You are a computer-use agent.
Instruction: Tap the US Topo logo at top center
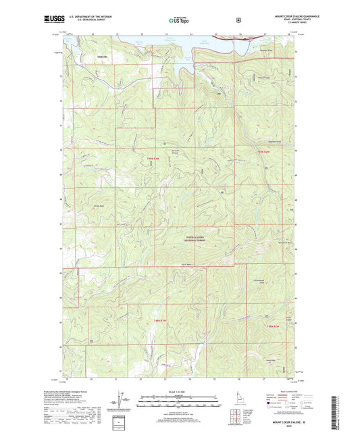(x=179, y=21)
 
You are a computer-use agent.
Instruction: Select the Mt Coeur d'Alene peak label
(x=178, y=152)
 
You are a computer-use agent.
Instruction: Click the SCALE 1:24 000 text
(x=179, y=394)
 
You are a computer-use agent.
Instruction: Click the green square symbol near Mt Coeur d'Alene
(x=165, y=143)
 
